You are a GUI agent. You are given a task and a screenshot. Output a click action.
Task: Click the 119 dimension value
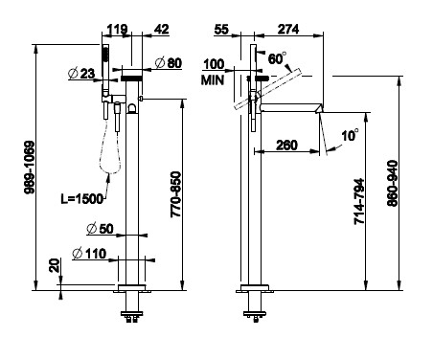pyautogui.click(x=117, y=30)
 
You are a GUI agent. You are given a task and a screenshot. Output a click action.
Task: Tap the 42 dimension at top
pyautogui.click(x=161, y=30)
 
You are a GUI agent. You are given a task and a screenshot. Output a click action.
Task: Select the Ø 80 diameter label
pyautogui.click(x=169, y=63)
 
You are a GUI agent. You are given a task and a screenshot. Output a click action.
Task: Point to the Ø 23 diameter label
pyautogui.click(x=81, y=74)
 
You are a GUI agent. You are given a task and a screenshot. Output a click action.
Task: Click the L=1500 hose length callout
pyautogui.click(x=82, y=199)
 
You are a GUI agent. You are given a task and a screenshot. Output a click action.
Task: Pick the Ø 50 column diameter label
pyautogui.click(x=100, y=229)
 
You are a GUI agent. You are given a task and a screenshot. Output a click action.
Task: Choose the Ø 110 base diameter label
pyautogui.click(x=89, y=254)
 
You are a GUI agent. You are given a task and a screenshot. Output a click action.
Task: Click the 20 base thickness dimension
pyautogui.click(x=55, y=265)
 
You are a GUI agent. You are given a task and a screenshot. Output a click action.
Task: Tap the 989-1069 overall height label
pyautogui.click(x=30, y=168)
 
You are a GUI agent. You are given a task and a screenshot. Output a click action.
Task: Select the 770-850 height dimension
pyautogui.click(x=176, y=194)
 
